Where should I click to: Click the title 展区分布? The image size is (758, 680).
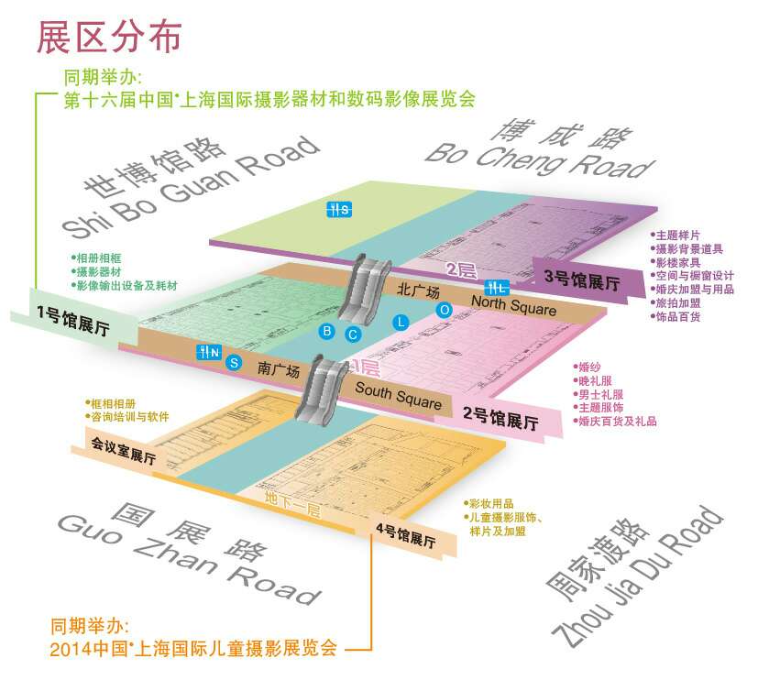click(108, 37)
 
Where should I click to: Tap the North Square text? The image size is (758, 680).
click(513, 305)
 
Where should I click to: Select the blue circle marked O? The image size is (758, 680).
click(444, 310)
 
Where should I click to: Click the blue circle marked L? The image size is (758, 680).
click(400, 322)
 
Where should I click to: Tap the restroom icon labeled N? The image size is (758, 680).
click(210, 351)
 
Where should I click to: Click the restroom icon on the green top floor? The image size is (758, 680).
click(340, 209)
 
